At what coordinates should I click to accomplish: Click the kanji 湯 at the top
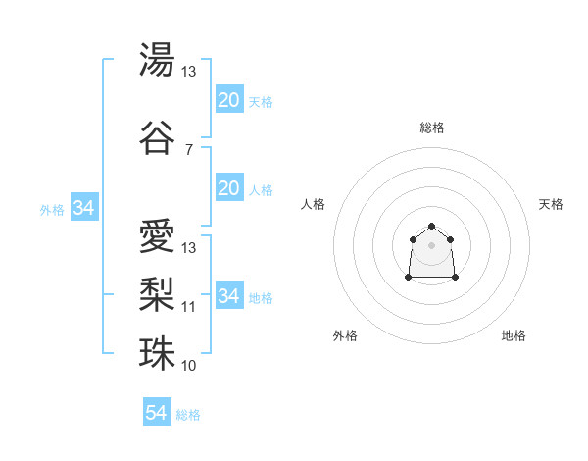(x=157, y=59)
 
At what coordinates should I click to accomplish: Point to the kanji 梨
(x=157, y=292)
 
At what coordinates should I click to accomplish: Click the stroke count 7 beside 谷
(x=189, y=149)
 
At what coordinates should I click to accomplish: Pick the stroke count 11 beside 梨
(x=189, y=307)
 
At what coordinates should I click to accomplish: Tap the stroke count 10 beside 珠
(x=189, y=366)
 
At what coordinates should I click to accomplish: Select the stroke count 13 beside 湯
(x=189, y=72)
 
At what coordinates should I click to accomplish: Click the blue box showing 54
(x=156, y=413)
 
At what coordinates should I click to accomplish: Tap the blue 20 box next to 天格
(x=228, y=100)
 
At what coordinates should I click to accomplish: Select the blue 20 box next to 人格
(x=228, y=189)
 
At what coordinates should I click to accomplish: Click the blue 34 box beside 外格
(x=83, y=208)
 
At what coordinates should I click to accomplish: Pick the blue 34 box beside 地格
(x=228, y=296)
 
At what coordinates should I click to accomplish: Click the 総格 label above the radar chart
(x=431, y=128)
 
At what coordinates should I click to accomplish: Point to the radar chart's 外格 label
(x=345, y=335)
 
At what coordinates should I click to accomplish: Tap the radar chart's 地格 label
(x=514, y=335)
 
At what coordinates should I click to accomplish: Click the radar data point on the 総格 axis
(x=431, y=227)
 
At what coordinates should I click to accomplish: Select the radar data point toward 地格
(x=456, y=278)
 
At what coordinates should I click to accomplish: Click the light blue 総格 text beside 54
(x=188, y=415)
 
